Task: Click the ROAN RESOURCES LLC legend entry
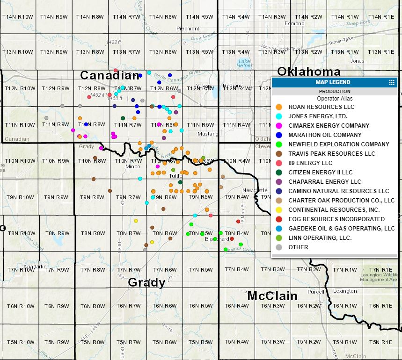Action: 321,107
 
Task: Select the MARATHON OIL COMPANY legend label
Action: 325,135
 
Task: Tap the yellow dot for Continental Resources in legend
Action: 278,210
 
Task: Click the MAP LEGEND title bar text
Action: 333,82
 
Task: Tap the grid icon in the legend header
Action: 392,82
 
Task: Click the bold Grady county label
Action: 146,282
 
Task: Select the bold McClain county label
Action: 272,296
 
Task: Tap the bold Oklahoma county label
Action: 308,72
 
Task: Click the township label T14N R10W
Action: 18,17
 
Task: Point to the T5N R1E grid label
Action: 381,342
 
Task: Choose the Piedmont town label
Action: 188,29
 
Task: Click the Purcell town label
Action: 315,291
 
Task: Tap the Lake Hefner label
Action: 244,64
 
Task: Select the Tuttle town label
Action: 175,176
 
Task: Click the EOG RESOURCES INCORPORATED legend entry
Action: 336,219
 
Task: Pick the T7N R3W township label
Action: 272,270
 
